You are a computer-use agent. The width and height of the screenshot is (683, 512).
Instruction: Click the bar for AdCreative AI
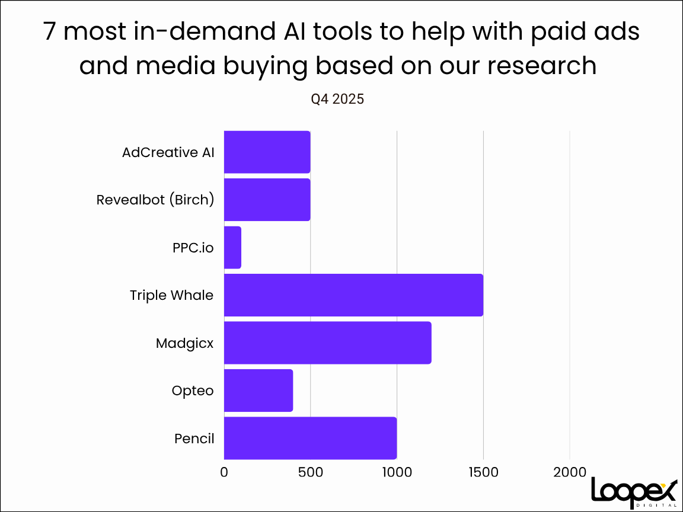pos(267,152)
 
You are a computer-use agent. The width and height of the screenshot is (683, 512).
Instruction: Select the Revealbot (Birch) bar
pos(267,200)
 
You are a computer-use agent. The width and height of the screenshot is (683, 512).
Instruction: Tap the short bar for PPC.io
pos(232,247)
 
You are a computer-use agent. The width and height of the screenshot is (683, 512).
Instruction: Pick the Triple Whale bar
pos(353,295)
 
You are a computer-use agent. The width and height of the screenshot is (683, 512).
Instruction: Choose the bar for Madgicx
pos(327,343)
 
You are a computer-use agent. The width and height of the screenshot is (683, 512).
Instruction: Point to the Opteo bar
pos(258,391)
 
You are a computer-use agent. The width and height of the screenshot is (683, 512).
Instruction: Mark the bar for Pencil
pos(310,438)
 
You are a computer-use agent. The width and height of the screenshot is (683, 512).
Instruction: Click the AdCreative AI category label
pos(168,152)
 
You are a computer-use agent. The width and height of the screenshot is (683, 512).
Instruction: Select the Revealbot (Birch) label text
pos(155,200)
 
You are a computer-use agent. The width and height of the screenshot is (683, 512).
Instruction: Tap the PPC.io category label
pos(189,248)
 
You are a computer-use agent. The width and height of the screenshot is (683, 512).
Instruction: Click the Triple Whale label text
pos(171,295)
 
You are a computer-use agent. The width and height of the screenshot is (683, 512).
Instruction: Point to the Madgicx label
pos(184,343)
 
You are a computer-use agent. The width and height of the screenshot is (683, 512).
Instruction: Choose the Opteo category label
pos(192,391)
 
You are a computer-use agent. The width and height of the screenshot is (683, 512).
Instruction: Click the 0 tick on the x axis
pos(224,472)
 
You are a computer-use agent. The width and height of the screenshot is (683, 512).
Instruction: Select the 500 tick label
pos(310,472)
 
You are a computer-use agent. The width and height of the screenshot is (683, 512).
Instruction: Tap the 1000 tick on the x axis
pos(397,472)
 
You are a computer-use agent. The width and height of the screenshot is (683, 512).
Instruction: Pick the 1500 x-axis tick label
pos(483,472)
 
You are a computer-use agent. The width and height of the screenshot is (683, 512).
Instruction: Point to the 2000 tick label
pos(570,472)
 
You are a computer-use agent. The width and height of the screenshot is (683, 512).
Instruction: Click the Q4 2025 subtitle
pos(337,100)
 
